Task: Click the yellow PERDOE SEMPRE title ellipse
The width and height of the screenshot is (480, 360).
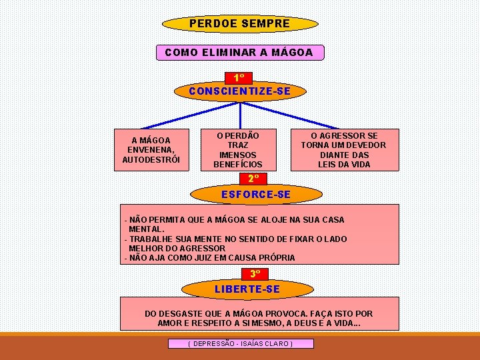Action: coord(240,24)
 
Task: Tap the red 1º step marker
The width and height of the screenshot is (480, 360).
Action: coord(239,78)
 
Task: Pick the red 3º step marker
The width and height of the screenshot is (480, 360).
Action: coord(255,274)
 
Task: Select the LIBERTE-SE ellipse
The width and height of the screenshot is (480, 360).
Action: coord(247,289)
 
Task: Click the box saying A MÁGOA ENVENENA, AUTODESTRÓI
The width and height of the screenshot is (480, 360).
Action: coord(151,150)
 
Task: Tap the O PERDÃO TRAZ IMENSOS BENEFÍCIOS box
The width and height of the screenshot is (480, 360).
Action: coord(238,150)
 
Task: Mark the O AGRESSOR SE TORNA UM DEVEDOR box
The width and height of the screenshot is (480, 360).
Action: coord(343,150)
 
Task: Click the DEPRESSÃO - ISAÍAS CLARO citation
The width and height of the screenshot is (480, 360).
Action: coord(240,343)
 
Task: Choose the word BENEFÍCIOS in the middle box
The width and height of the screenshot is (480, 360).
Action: coord(238,164)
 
